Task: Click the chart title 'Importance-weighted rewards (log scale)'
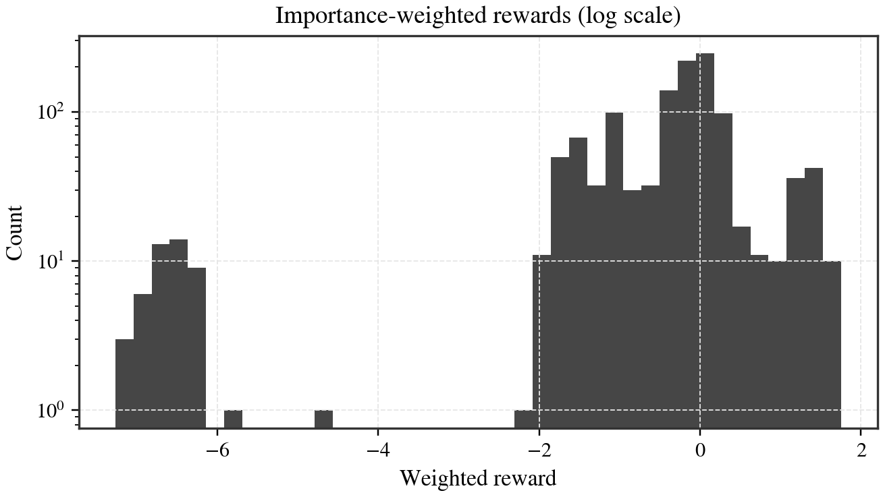(x=478, y=16)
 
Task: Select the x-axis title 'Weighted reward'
(x=478, y=478)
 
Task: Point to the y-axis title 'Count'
(x=15, y=233)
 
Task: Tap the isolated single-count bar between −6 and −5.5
(x=233, y=418)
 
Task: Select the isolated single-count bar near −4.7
(x=323, y=418)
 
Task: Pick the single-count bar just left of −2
(x=523, y=418)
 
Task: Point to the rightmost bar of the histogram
(x=832, y=344)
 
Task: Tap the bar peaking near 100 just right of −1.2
(x=614, y=270)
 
